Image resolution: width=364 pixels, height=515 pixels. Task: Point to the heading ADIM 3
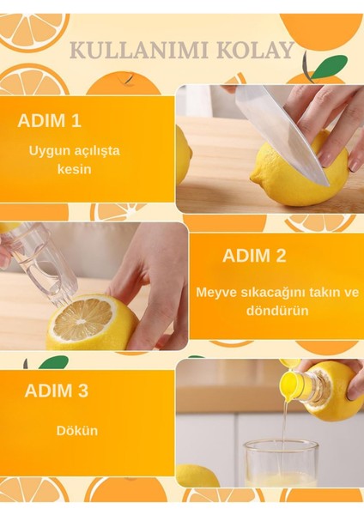click(56, 391)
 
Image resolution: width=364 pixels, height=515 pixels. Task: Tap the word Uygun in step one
click(47, 150)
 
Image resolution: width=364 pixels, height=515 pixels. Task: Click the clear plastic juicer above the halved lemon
click(38, 257)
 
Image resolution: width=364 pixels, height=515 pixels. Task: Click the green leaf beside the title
click(328, 65)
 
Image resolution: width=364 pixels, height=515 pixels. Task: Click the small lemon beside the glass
click(197, 475)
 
